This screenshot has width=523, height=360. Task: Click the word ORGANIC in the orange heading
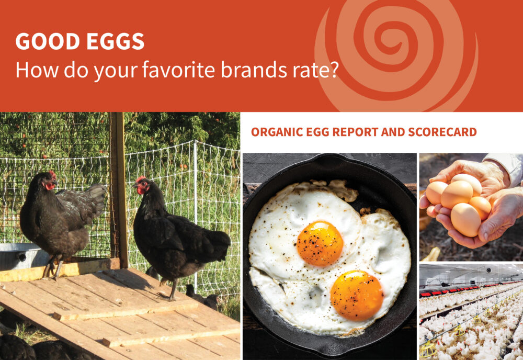[x=274, y=132]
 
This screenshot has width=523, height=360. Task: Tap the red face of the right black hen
[x=141, y=187]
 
